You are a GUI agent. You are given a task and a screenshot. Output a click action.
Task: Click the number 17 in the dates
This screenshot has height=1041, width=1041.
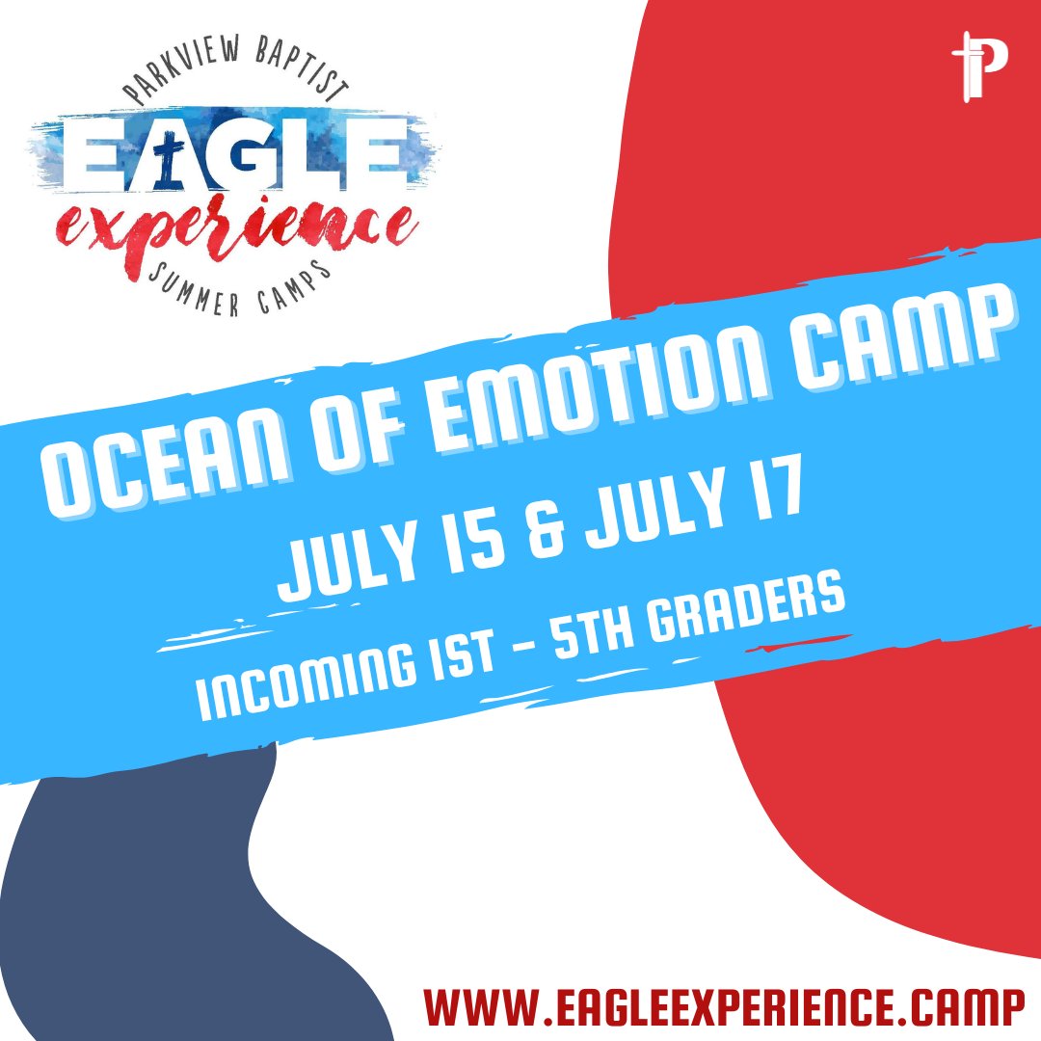(x=761, y=507)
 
